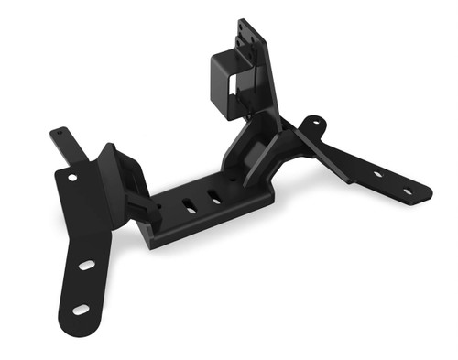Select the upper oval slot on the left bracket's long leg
coord(87,265)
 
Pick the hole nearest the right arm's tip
coord(408,191)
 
